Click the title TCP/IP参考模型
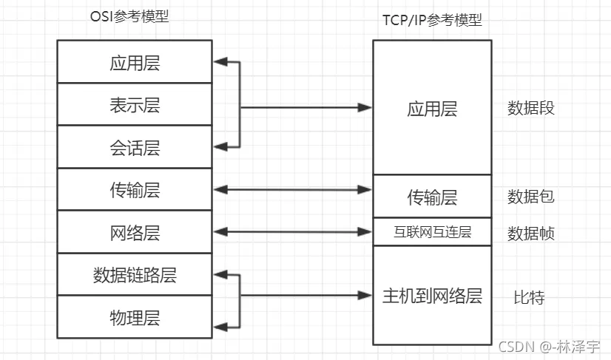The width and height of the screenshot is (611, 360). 432,20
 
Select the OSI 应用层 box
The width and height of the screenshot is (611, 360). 135,62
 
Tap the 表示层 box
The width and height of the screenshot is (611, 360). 135,104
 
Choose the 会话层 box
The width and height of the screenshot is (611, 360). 135,147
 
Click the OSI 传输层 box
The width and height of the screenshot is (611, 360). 135,190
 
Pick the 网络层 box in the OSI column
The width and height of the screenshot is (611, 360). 135,232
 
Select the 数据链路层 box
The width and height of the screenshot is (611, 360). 135,275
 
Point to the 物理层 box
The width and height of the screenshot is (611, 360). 135,317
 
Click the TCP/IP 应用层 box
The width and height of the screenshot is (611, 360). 432,108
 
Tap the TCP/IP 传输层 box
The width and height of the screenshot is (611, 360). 432,197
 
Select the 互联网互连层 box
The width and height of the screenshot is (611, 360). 432,232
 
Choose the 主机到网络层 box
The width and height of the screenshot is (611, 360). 432,296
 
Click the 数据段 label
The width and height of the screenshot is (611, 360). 530,108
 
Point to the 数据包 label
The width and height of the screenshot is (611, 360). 530,197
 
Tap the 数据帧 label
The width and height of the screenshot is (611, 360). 530,234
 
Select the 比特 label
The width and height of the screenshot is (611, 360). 529,297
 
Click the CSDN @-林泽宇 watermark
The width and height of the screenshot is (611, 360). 549,346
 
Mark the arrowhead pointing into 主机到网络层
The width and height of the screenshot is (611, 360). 365,296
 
